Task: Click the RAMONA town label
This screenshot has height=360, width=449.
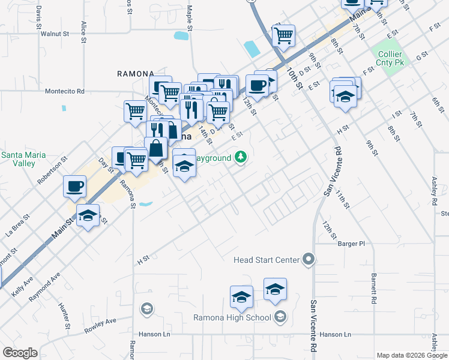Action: [135, 74]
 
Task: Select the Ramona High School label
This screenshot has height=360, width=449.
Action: [232, 317]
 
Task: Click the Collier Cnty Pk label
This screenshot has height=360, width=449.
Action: [390, 58]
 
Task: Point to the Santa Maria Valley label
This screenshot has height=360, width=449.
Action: [22, 159]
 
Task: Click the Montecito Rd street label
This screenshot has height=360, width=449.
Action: [65, 91]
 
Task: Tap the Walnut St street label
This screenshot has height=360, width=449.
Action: [56, 34]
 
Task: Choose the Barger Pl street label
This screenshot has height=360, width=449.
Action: [351, 244]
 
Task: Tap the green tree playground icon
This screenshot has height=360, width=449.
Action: [241, 157]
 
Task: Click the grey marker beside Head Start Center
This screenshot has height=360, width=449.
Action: [309, 259]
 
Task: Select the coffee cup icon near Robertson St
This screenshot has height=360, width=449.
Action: [74, 186]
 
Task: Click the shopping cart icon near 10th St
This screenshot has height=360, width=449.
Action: [283, 35]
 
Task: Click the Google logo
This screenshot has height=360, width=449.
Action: [20, 353]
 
